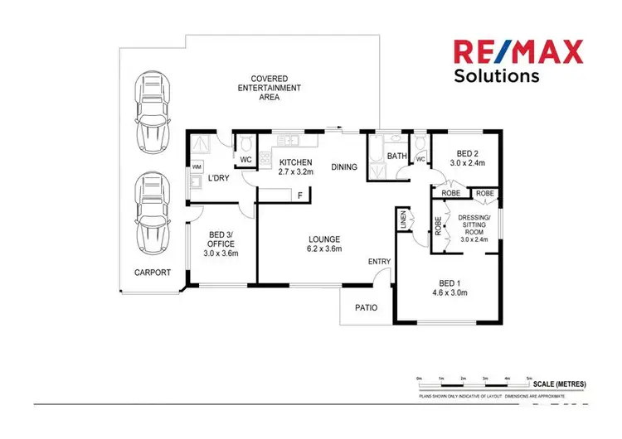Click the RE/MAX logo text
pyautogui.click(x=517, y=51)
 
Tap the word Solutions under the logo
pyautogui.click(x=496, y=77)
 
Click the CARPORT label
pyautogui.click(x=153, y=273)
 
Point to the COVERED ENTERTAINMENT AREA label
pyautogui.click(x=269, y=87)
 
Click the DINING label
pyautogui.click(x=344, y=167)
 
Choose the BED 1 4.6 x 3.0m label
pyautogui.click(x=449, y=287)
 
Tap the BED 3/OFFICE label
pyautogui.click(x=221, y=244)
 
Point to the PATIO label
pyautogui.click(x=366, y=308)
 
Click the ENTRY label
pyautogui.click(x=379, y=262)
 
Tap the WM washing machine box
pyautogui.click(x=197, y=166)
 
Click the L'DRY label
pyautogui.click(x=218, y=178)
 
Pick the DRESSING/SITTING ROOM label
pyautogui.click(x=474, y=228)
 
